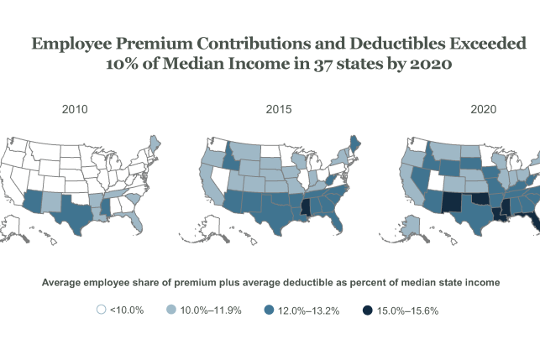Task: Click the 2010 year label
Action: coord(76,109)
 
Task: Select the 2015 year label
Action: coord(279,109)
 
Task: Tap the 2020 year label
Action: coord(483,109)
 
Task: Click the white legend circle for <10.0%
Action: coord(102,310)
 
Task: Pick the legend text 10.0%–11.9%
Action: coord(212,310)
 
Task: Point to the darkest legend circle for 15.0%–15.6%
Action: coord(368,310)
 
